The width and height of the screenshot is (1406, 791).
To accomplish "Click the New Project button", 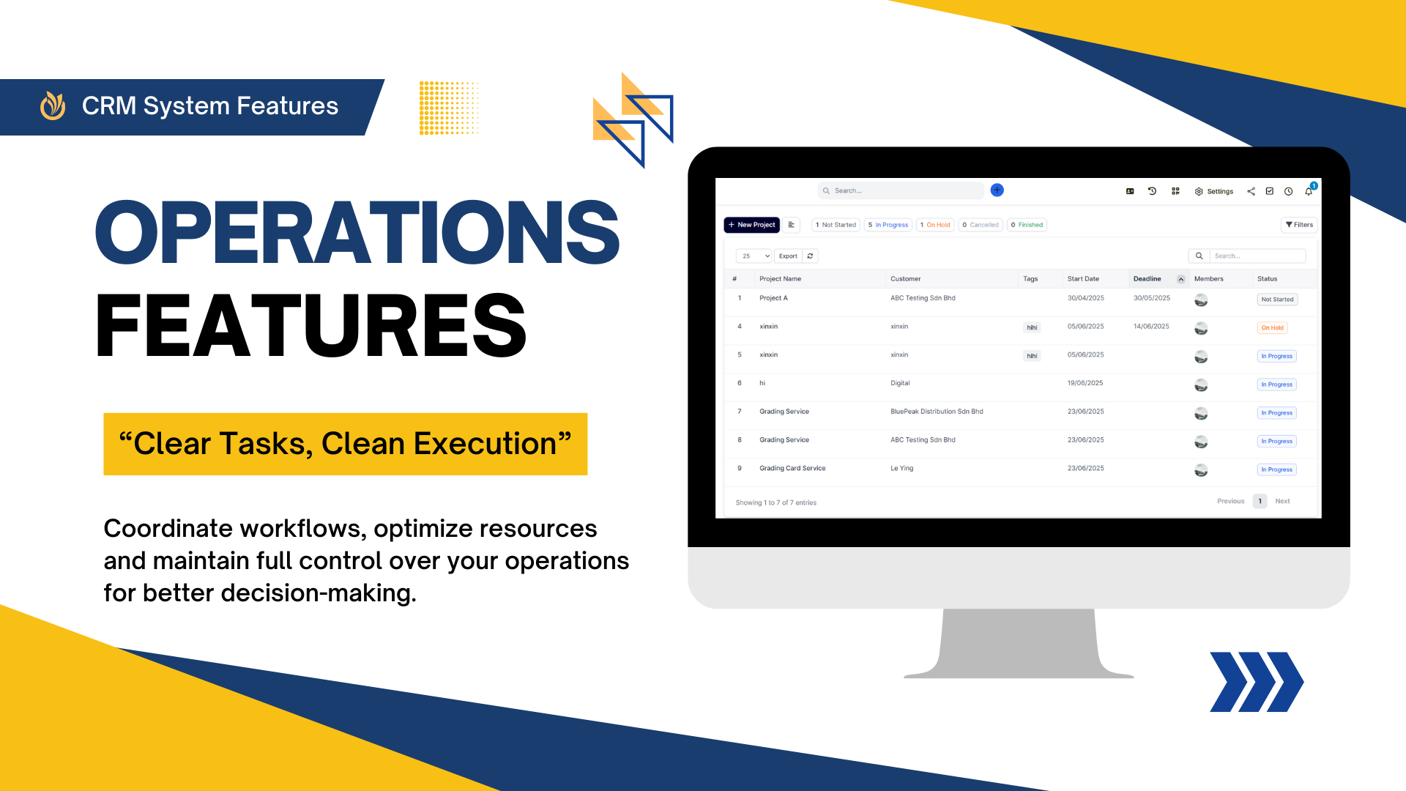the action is (x=751, y=225).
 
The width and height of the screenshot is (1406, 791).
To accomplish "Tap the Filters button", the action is (x=1299, y=225).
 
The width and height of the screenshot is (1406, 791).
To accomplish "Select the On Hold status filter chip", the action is (x=935, y=225).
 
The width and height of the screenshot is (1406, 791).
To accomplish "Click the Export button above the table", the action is (x=788, y=256).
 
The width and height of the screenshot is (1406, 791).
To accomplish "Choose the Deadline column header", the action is (x=1147, y=279).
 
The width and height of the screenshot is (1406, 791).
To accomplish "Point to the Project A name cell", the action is (x=773, y=298).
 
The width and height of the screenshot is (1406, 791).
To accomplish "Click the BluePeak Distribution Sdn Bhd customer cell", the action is (x=937, y=412).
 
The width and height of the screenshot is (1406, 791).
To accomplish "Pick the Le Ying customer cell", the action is (x=901, y=469).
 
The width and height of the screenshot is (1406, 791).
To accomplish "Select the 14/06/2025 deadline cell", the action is (x=1151, y=327).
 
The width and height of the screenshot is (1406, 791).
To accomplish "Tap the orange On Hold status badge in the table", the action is (x=1272, y=328).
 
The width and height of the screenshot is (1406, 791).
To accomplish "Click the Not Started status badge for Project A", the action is (x=1277, y=300).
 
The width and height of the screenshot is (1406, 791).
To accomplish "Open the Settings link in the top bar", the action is (x=1214, y=191).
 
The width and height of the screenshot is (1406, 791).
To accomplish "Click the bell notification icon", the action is (x=1309, y=191).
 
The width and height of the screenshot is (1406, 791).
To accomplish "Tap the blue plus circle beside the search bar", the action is (x=997, y=190).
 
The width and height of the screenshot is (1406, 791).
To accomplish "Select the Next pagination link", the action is (x=1282, y=502).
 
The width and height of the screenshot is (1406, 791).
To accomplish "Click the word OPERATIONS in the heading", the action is (x=357, y=232).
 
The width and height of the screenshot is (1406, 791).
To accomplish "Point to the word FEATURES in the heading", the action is (x=311, y=326).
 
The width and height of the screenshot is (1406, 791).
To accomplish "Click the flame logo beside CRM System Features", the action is (x=53, y=105).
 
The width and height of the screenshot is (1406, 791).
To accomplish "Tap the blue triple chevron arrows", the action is (x=1257, y=682).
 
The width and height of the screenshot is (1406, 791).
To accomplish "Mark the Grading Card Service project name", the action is (x=792, y=469).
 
